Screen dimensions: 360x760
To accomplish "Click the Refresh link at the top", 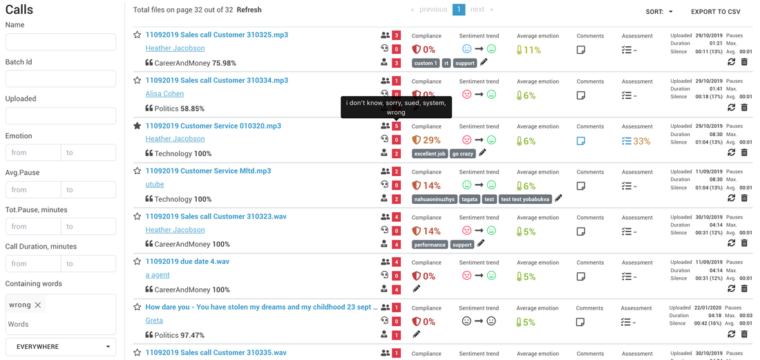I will (x=249, y=10).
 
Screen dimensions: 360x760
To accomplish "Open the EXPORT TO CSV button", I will (x=715, y=12).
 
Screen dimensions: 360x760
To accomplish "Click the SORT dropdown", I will (x=659, y=12).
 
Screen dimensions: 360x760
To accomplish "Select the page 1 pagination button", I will (x=459, y=10).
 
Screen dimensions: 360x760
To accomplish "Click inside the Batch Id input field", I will (x=61, y=79).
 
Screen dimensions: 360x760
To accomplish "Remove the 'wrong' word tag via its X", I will (x=38, y=305).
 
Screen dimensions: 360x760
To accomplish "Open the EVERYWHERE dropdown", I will (x=61, y=347).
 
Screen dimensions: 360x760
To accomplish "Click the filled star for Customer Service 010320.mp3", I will (x=137, y=126).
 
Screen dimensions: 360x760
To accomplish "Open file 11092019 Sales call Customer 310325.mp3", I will (x=216, y=35).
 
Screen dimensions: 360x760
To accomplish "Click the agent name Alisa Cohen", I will (x=164, y=94).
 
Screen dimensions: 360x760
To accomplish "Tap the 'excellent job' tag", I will (x=430, y=154).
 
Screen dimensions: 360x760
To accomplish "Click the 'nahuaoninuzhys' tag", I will (x=435, y=200).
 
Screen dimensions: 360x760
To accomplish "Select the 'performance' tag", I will (x=430, y=245).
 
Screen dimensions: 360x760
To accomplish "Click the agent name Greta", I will (x=154, y=321).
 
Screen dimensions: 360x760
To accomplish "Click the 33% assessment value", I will (x=641, y=141).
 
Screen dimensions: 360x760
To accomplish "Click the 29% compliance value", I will (x=432, y=140).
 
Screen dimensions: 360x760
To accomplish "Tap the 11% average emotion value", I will (x=532, y=50).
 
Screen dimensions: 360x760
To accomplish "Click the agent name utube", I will (x=155, y=184).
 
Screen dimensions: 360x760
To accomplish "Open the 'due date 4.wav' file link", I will (x=187, y=262).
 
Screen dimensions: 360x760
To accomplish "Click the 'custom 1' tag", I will (x=426, y=63).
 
